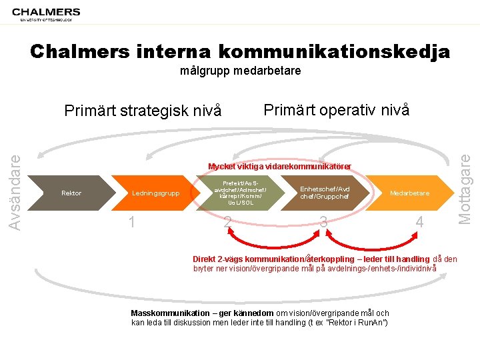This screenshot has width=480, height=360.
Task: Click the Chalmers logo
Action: tap(46, 13)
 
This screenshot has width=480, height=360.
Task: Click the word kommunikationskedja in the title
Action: tap(333, 51)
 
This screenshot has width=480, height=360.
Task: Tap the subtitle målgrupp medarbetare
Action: tap(240, 70)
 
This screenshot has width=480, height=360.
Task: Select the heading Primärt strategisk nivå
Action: tap(142, 111)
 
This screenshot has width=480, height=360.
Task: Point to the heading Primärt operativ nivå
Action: tap(336, 109)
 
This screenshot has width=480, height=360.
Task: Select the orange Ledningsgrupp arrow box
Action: tap(155, 193)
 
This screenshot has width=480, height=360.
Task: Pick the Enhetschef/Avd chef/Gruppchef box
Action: tap(325, 193)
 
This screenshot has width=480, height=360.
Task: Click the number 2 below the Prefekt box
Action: tap(228, 222)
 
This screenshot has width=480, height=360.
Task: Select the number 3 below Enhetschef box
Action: tap(323, 222)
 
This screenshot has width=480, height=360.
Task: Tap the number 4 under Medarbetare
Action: tap(419, 222)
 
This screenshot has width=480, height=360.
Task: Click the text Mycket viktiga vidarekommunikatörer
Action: tap(279, 166)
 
